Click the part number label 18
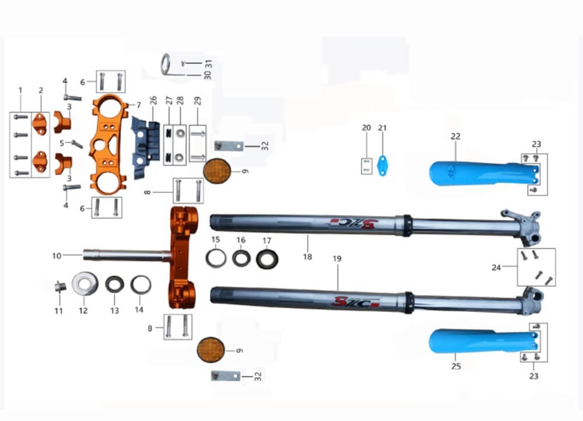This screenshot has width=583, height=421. pos(307,257)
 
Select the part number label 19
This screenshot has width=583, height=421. pos(337,258)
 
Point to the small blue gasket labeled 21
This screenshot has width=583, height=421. pos(382,166)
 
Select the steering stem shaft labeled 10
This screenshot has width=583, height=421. pos(127,255)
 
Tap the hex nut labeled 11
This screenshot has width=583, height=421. pos(59,287)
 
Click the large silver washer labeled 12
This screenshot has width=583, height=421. pos(85,284)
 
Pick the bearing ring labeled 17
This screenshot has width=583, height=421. pos(267,259)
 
